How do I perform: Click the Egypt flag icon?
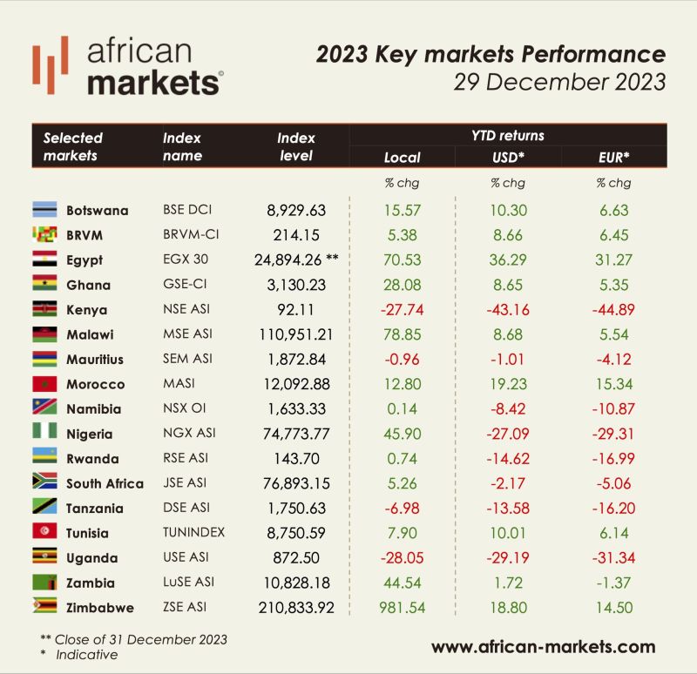44,259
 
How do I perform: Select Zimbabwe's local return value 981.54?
402,608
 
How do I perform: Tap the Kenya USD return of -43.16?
507,309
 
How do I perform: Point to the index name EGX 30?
186,259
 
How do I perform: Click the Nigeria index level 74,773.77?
299,434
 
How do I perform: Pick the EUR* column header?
613,158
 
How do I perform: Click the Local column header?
402,158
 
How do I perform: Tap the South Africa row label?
105,483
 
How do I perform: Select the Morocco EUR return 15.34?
613,384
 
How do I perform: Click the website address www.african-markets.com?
543,646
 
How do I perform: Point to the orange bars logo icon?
51,65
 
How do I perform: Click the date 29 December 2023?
559,84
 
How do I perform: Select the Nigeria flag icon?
44,434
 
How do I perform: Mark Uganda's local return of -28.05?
402,558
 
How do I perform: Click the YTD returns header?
507,135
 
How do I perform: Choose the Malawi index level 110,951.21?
299,334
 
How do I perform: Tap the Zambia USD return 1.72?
507,583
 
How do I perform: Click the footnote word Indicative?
88,654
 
